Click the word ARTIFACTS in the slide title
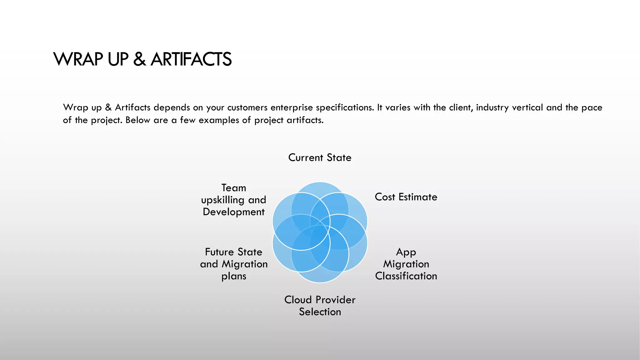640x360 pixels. point(191,59)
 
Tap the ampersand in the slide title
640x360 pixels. point(139,59)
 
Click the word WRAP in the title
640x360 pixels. point(78,59)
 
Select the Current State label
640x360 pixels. point(320,157)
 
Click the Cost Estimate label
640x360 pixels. point(406,197)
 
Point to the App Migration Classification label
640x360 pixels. point(406,264)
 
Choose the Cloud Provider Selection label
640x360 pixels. point(320,306)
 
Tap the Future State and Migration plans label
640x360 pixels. point(234,264)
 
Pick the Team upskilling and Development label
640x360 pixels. point(234,200)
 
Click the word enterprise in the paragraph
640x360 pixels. point(292,107)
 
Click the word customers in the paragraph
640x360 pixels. point(247,107)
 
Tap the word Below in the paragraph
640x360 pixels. point(137,120)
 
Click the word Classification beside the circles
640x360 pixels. point(406,276)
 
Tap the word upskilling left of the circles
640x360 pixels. point(223,200)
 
